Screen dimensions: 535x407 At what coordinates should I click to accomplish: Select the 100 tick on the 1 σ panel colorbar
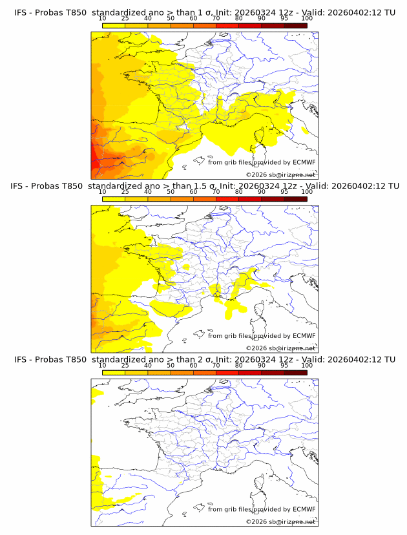click(307, 19)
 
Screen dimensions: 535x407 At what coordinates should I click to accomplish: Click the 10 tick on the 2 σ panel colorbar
click(103, 366)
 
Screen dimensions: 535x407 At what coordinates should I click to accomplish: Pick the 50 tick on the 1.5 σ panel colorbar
click(171, 192)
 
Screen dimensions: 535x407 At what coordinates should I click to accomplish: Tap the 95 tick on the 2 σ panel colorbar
click(284, 366)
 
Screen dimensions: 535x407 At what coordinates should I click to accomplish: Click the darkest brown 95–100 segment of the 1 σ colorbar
click(295, 25)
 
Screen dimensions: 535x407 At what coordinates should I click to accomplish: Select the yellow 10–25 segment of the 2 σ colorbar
click(114, 372)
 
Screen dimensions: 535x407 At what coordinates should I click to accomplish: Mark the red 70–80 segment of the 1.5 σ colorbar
click(227, 199)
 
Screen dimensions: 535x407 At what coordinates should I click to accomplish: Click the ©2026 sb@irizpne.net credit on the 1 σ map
click(280, 174)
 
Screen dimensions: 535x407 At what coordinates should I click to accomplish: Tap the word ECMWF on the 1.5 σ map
click(304, 336)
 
